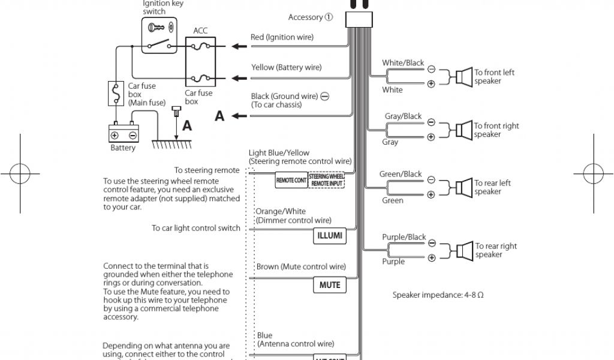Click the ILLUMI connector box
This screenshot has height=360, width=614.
[329, 236]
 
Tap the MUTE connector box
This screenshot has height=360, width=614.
[329, 285]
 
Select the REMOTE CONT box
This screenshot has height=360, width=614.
[291, 180]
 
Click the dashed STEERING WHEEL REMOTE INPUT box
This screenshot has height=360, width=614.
[327, 180]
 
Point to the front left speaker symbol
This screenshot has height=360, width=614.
[462, 77]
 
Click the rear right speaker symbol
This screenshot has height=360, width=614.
[463, 250]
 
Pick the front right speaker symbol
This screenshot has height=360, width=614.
[462, 130]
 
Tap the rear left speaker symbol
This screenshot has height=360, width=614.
[463, 187]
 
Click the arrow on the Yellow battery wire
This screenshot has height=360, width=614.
[239, 78]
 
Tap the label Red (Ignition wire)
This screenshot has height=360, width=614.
[282, 37]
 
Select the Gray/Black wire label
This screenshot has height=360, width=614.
[403, 116]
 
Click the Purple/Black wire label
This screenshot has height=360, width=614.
[404, 238]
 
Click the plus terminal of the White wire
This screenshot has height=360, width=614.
[431, 85]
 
